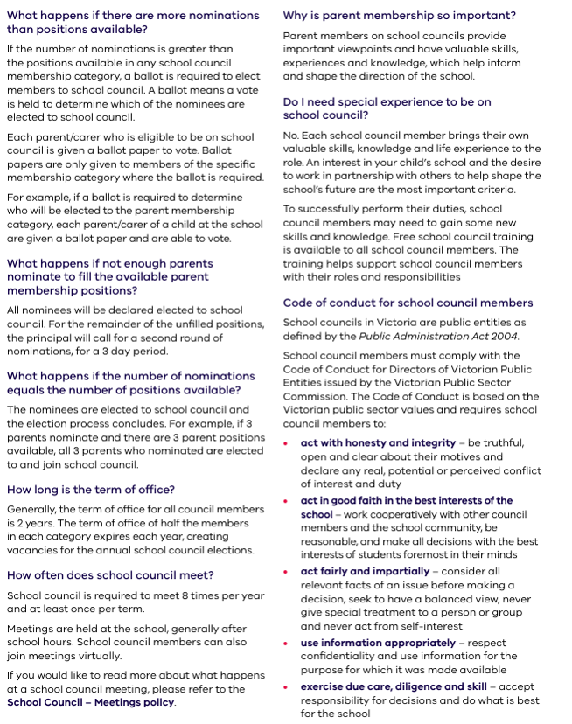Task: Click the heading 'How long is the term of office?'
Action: click(x=91, y=490)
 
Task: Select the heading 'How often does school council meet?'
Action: click(x=110, y=574)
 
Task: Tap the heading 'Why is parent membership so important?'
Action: click(x=399, y=16)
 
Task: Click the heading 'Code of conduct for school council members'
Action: click(x=408, y=303)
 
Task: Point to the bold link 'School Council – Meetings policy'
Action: click(x=90, y=702)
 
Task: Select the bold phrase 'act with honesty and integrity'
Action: click(x=378, y=443)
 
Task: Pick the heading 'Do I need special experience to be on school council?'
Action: click(x=387, y=108)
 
